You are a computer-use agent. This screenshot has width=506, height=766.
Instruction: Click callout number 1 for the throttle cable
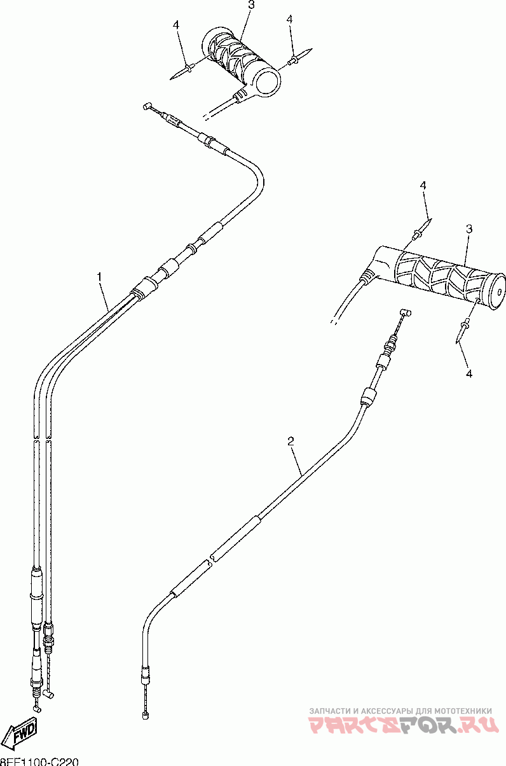(x=99, y=277)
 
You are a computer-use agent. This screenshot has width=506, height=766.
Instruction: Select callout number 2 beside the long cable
(x=291, y=440)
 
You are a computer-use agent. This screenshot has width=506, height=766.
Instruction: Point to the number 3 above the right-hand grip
(x=468, y=228)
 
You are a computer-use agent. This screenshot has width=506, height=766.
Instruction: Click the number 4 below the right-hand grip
(x=468, y=373)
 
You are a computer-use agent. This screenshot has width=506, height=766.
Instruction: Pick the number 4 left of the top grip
(x=176, y=25)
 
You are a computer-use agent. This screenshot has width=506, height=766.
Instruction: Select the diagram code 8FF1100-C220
(x=38, y=761)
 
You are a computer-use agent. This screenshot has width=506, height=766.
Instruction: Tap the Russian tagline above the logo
(x=400, y=711)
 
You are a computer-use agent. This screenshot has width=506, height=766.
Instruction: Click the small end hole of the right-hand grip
(x=498, y=282)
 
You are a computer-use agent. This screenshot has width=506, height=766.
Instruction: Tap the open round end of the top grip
(x=267, y=82)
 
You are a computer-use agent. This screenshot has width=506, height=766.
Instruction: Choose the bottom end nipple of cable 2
(x=146, y=716)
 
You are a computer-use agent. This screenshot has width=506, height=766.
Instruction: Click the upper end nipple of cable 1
(x=147, y=106)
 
